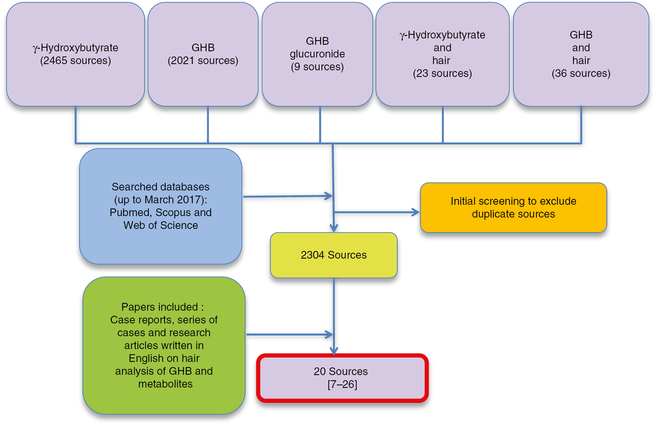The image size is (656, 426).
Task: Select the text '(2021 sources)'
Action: (x=203, y=60)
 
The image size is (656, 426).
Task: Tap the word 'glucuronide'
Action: (x=317, y=54)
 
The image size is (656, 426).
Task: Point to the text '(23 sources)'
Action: (x=442, y=73)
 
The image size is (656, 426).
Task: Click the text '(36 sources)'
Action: (x=581, y=73)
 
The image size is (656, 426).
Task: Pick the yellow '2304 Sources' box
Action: (x=333, y=255)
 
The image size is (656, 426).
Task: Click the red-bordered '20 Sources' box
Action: (x=342, y=378)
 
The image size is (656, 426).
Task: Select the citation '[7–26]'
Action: (x=342, y=384)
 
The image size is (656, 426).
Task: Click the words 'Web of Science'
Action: (x=161, y=225)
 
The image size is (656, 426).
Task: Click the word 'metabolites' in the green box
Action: (x=165, y=384)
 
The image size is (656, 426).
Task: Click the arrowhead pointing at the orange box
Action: (x=416, y=212)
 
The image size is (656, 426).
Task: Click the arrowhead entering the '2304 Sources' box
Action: (x=333, y=228)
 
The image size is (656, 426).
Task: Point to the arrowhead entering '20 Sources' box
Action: (x=334, y=351)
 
